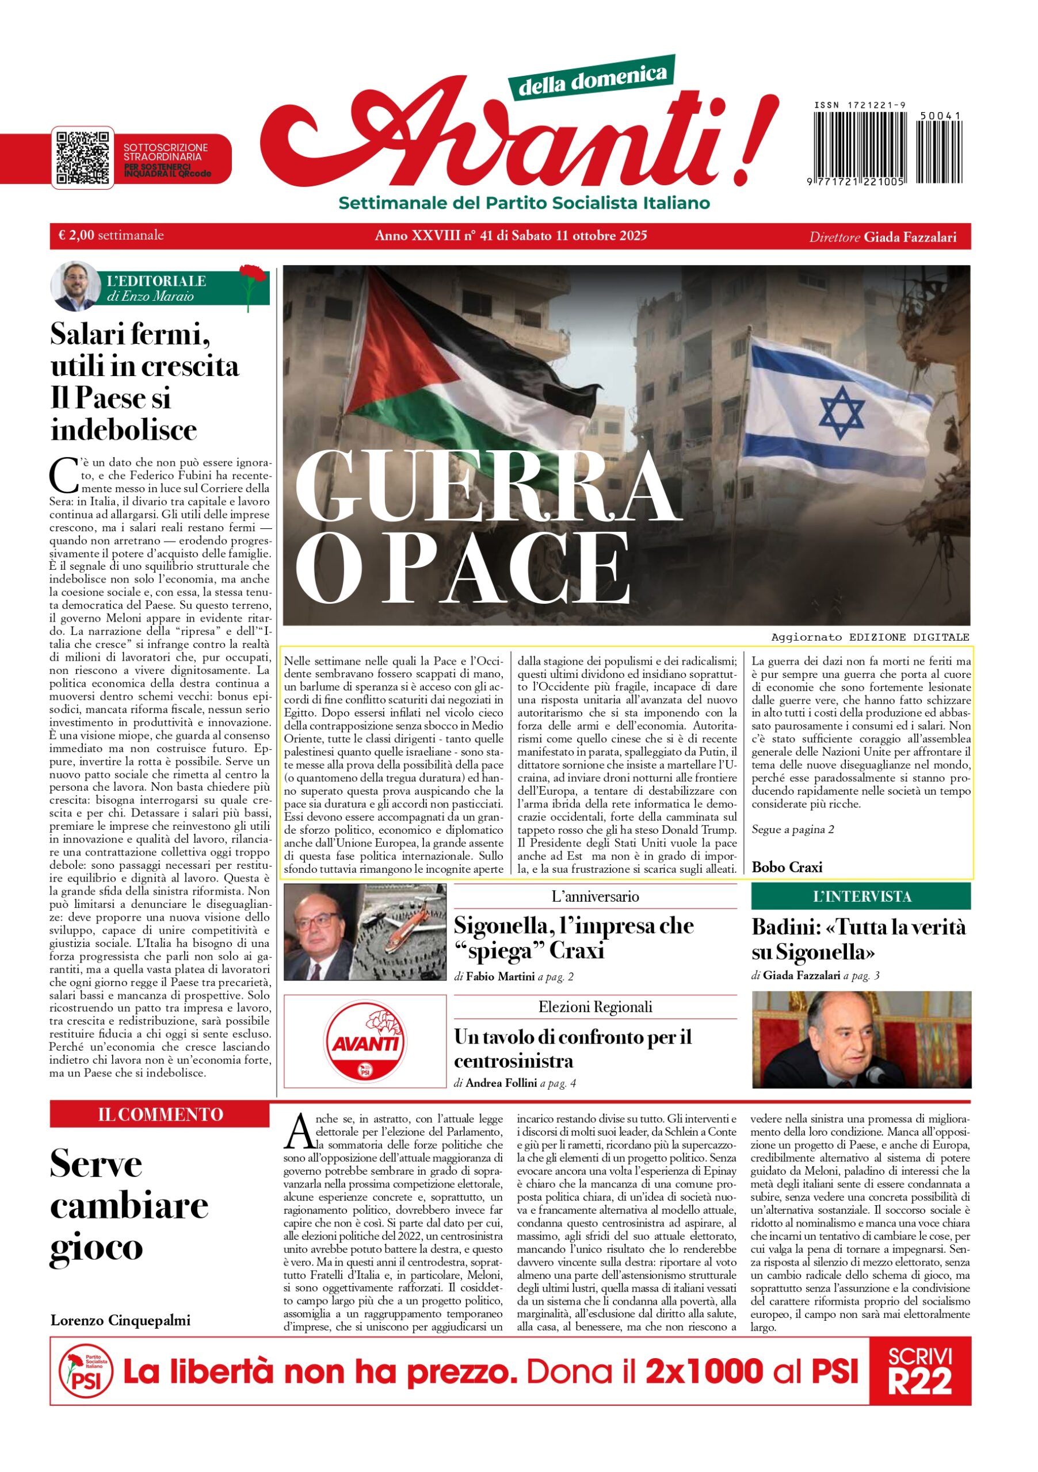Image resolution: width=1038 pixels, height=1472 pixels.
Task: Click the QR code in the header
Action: tap(83, 158)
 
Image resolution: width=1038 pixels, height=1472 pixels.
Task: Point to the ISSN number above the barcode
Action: tap(860, 105)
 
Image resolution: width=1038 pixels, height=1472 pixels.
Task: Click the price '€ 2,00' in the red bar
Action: tap(77, 235)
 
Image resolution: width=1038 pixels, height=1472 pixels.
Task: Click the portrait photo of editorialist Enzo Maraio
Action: tap(75, 286)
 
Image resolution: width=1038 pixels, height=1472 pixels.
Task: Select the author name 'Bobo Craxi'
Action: tap(787, 867)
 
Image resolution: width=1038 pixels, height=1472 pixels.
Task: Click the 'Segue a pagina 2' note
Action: tap(792, 830)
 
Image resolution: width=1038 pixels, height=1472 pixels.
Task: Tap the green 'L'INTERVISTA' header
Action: tap(861, 896)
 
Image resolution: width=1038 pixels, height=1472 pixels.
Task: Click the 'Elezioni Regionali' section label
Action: tap(595, 1007)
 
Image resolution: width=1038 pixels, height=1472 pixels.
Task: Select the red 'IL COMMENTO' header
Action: tap(160, 1114)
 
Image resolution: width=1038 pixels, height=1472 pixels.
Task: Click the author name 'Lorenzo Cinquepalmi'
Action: tap(121, 1321)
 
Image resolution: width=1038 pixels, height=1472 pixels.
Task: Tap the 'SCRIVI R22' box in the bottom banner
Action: tap(919, 1371)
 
